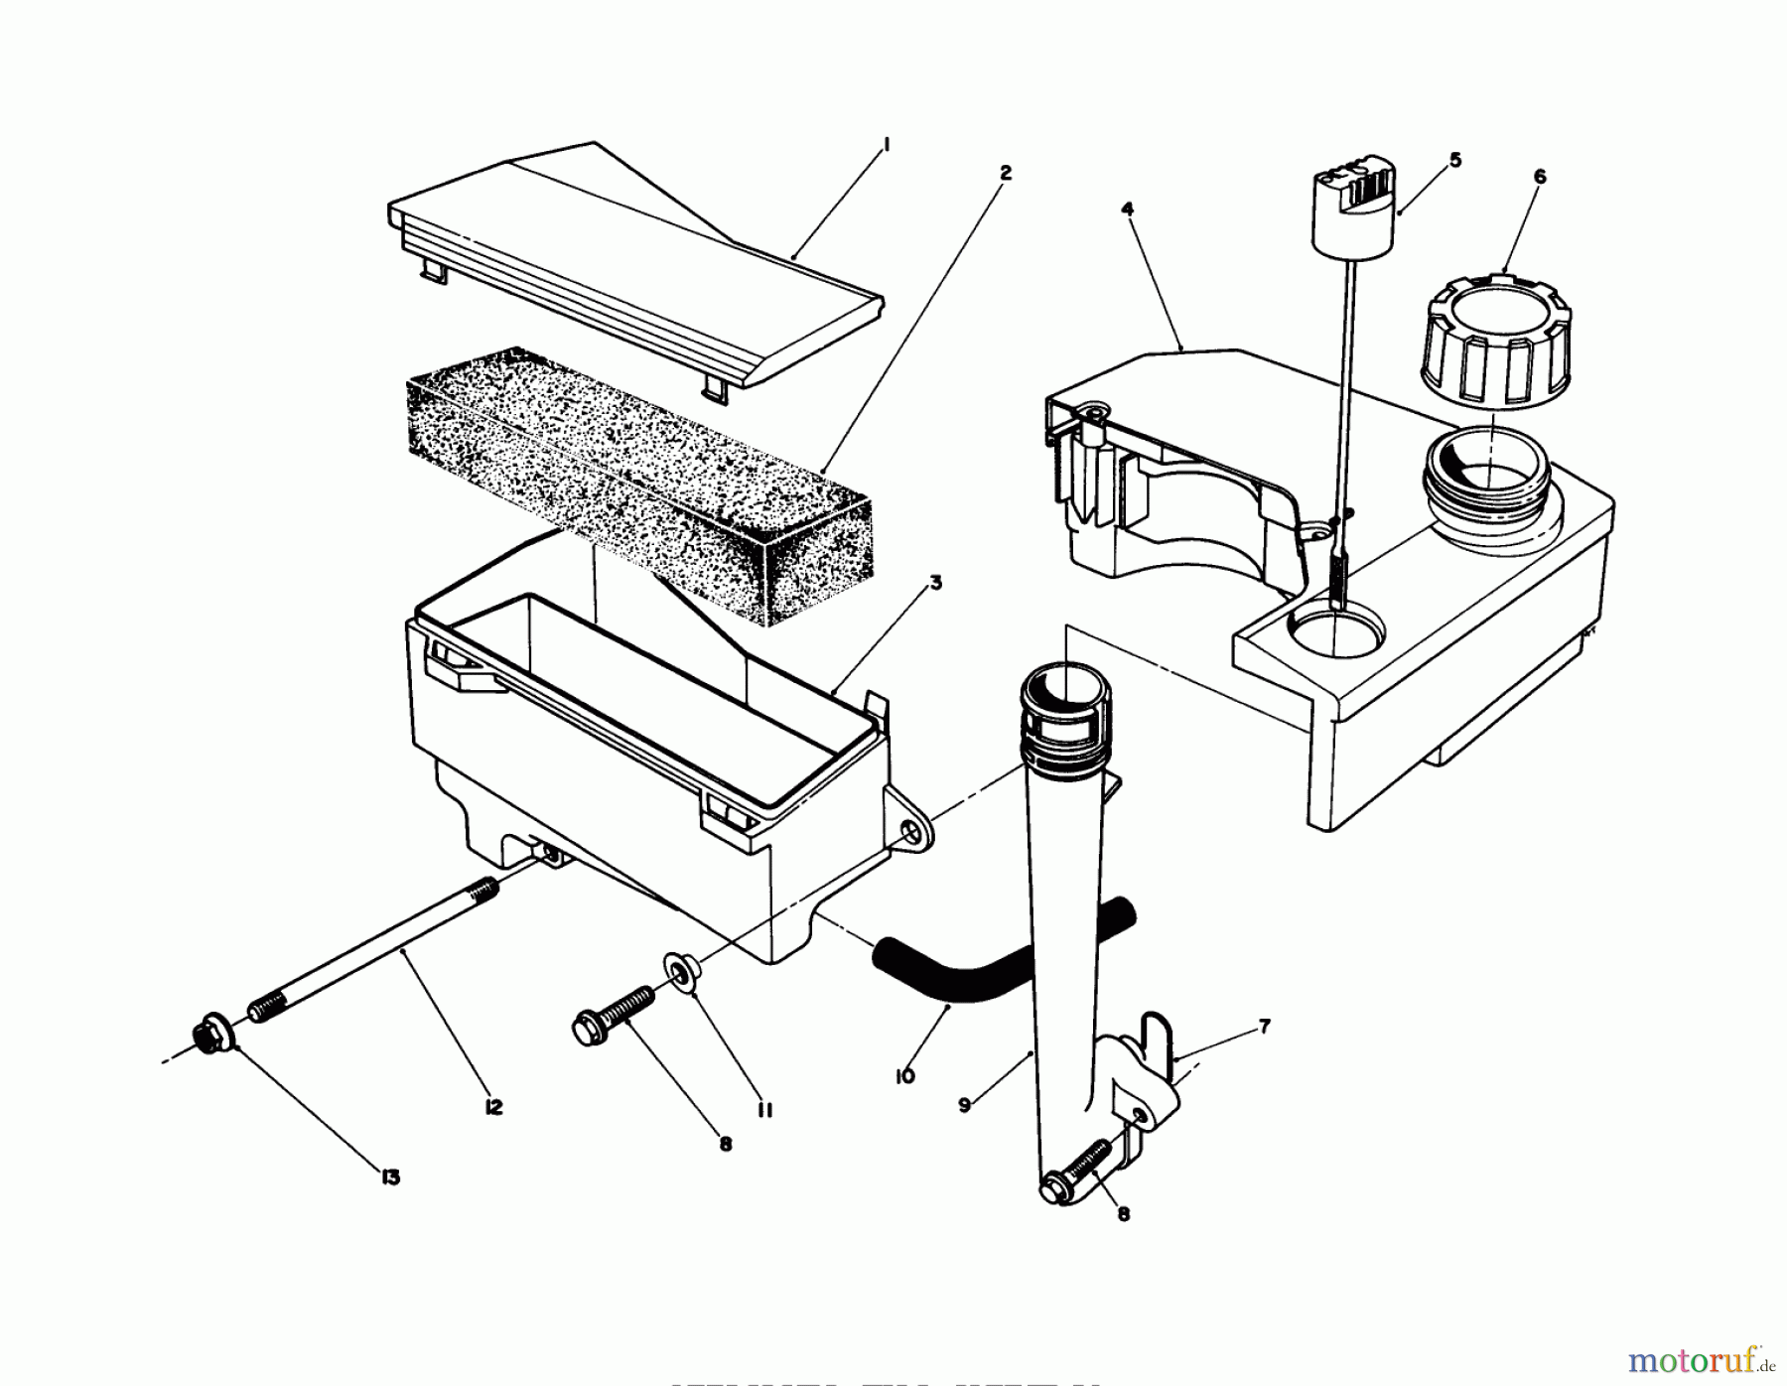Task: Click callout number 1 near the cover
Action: pos(887,146)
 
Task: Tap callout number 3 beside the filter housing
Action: pos(935,584)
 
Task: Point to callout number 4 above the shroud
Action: pos(1127,209)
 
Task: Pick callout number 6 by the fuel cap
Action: pos(1539,177)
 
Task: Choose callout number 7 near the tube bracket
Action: pos(1264,1028)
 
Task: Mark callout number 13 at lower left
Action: pos(389,1178)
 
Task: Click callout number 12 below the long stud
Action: pos(493,1107)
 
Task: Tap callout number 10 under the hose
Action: pos(904,1076)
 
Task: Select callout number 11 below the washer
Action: pos(763,1111)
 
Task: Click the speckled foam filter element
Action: pos(635,486)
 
